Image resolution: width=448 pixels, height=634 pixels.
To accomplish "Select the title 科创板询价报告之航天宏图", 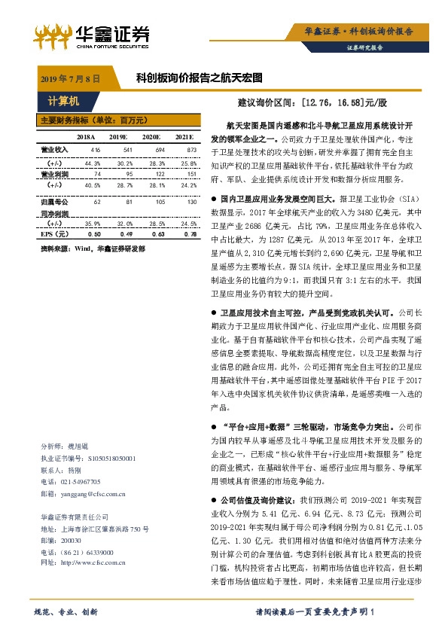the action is (199, 78).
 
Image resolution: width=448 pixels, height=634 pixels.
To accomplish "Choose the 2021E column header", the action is (184, 137).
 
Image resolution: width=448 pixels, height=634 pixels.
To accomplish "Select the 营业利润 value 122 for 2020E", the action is (158, 174).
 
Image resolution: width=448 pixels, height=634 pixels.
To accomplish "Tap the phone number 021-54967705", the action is (81, 482).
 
